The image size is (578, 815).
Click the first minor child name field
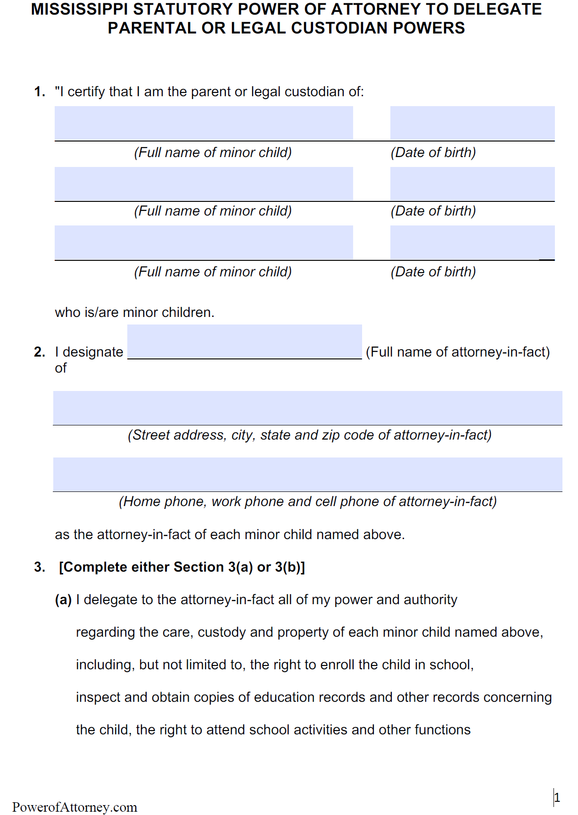204,123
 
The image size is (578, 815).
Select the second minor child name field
204,184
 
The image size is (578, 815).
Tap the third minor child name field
204,242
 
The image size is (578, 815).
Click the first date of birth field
472,123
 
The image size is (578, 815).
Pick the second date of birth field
472,184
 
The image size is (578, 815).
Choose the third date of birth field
472,242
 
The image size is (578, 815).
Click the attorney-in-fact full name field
244,341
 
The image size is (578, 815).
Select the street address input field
307,408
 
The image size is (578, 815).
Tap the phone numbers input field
307,474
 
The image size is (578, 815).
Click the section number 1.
40,91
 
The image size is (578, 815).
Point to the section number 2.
40,352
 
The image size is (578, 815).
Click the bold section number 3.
40,567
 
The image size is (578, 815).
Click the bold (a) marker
63,600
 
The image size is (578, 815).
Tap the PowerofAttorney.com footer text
74,807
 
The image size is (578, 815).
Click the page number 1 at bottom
557,798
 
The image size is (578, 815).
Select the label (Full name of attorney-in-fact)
458,352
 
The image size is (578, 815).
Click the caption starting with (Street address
309,435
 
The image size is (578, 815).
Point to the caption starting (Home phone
307,501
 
